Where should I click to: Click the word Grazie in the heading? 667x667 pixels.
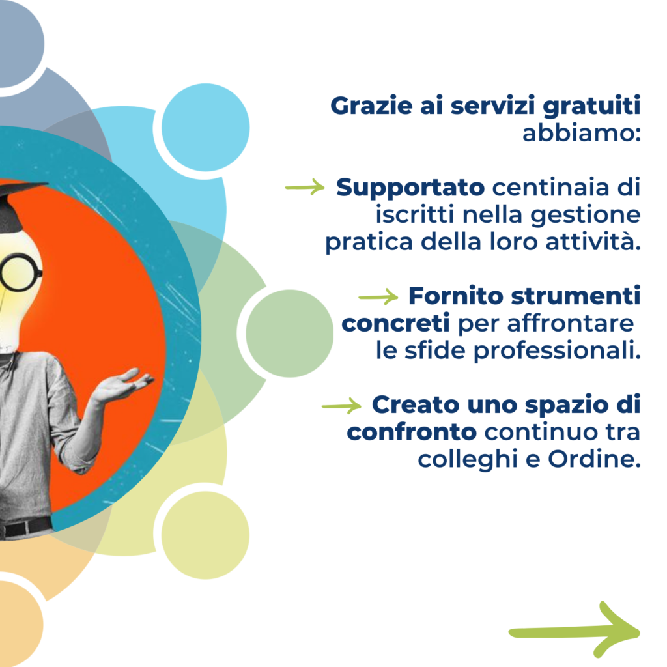(x=371, y=106)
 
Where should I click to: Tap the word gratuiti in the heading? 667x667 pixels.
(x=591, y=107)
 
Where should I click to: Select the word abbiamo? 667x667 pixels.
(x=581, y=133)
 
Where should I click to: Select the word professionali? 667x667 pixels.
(x=557, y=351)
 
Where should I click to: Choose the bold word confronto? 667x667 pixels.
(x=412, y=433)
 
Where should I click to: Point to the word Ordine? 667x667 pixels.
(x=594, y=459)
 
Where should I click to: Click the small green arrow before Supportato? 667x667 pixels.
(x=305, y=187)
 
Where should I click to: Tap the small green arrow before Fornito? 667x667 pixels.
(x=378, y=296)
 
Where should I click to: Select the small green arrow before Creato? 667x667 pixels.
(x=341, y=406)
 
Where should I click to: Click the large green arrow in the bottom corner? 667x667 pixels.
(x=575, y=632)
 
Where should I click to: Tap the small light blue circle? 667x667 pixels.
(x=205, y=127)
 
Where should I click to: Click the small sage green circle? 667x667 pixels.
(x=290, y=333)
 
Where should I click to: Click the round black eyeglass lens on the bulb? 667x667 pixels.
(x=19, y=272)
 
